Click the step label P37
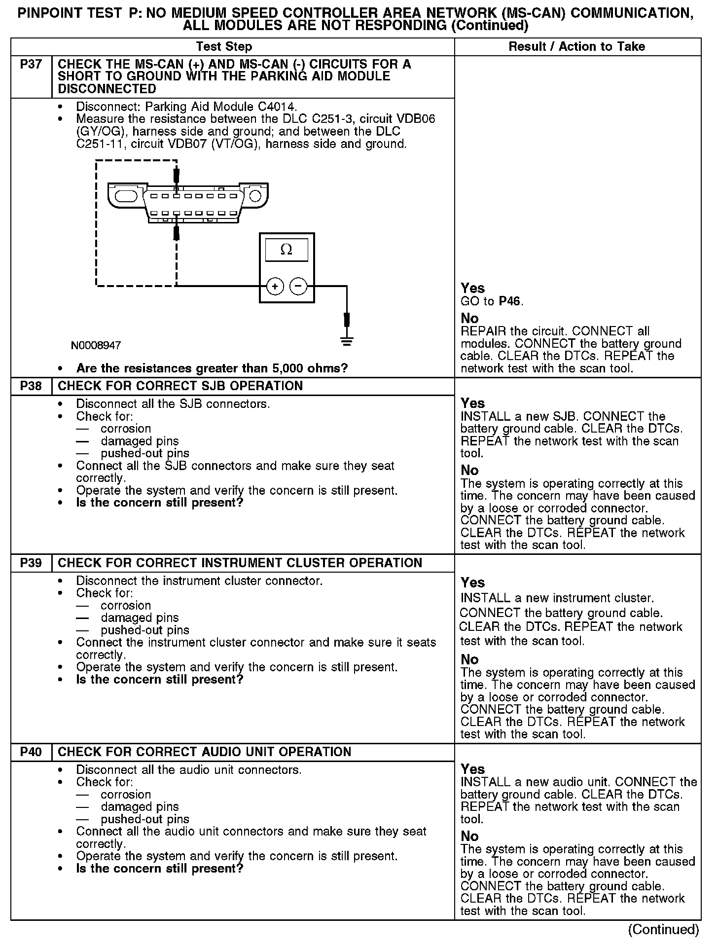[x=31, y=65]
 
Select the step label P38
[x=31, y=386]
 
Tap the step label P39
[x=31, y=563]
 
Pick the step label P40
[x=31, y=752]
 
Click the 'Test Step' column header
[x=224, y=47]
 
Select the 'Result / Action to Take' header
[x=576, y=47]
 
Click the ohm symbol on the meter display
[x=286, y=250]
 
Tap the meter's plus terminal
[x=275, y=286]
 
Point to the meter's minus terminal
[x=298, y=286]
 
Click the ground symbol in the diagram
[x=347, y=341]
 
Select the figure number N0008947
[x=96, y=345]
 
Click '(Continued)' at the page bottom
[x=663, y=930]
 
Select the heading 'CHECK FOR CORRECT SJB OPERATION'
[x=180, y=386]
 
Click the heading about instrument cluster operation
[x=240, y=563]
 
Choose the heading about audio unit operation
[x=204, y=752]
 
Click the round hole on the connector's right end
[x=255, y=196]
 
